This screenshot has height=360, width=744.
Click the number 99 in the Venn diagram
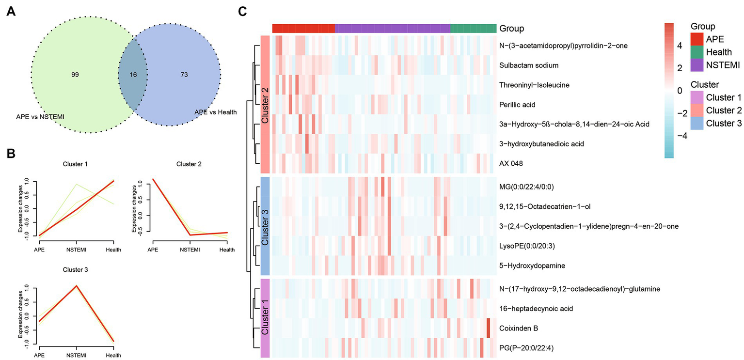75,75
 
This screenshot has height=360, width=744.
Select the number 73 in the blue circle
184,75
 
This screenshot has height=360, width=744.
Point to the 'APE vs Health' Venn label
215,112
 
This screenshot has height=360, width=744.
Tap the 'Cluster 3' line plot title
76,269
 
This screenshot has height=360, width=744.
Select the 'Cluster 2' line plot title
189,164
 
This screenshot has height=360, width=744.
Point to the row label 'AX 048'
511,164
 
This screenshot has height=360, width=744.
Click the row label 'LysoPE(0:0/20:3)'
527,246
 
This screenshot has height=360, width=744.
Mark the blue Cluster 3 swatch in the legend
697,123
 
